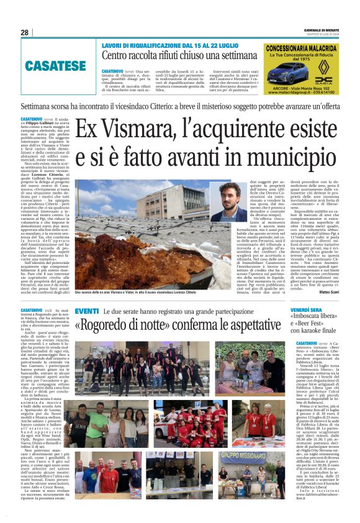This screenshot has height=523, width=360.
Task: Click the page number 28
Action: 25,32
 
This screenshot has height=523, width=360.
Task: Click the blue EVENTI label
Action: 87,311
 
